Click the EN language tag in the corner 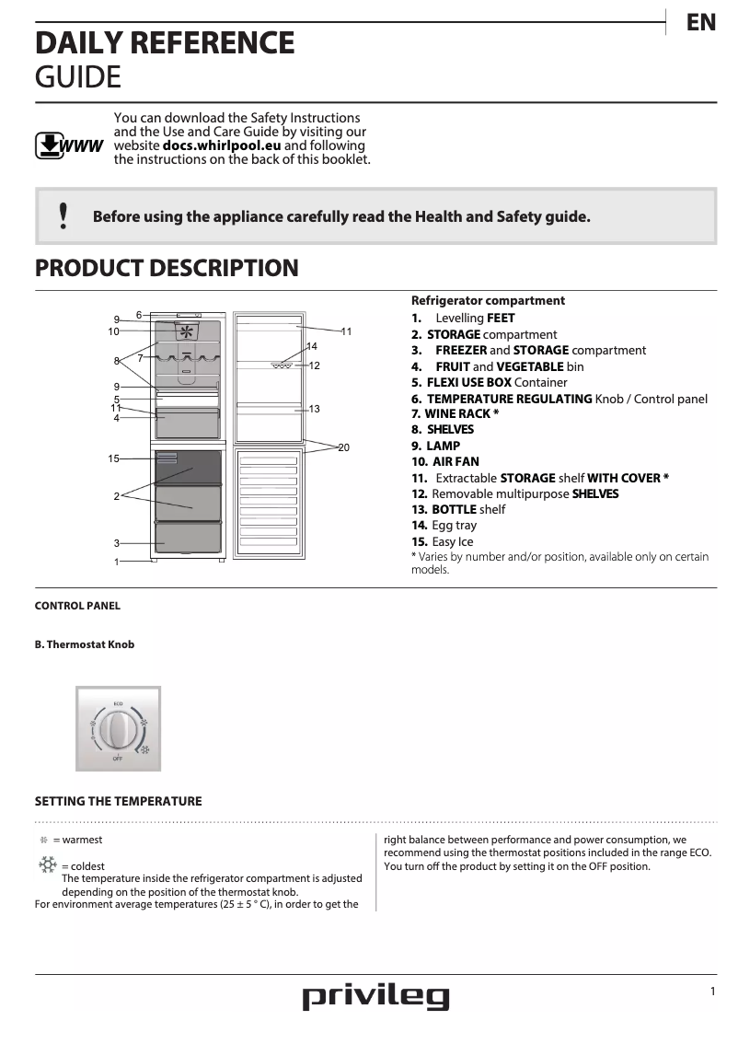point(701,23)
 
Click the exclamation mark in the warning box point(63,215)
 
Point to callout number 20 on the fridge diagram point(343,447)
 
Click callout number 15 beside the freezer point(114,458)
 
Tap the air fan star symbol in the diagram point(188,331)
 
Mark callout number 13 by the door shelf point(314,408)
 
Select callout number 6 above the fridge point(139,315)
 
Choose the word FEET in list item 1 point(501,319)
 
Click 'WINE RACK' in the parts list point(458,413)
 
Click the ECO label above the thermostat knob point(118,703)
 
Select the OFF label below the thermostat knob point(118,759)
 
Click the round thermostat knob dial point(118,730)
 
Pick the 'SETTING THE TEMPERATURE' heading point(118,801)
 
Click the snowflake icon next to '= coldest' point(47,864)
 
